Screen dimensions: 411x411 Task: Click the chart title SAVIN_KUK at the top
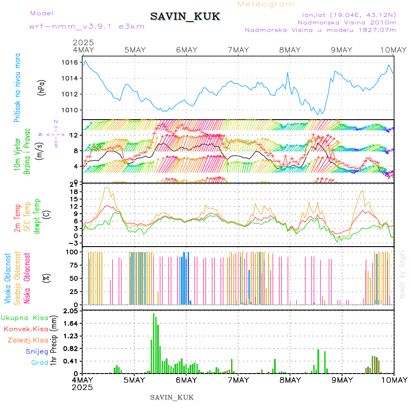185,17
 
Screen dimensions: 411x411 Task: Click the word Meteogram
266,4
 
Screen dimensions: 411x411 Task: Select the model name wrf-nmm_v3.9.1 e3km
87,26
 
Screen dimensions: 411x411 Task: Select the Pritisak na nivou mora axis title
17,88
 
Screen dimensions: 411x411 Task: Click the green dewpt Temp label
37,215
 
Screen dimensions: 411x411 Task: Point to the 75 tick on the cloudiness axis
73,265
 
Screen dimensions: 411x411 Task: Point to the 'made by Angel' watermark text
402,274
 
